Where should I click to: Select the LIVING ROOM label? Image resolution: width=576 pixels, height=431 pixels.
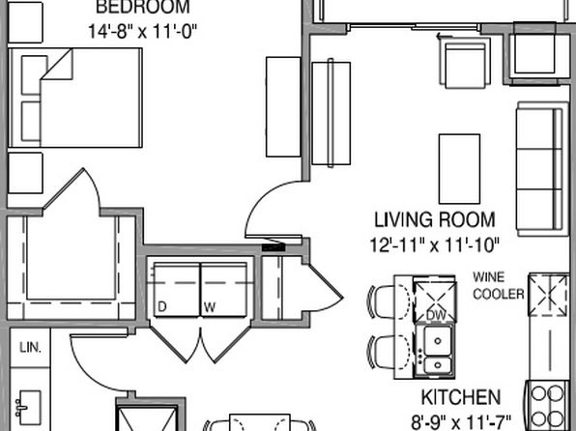434,219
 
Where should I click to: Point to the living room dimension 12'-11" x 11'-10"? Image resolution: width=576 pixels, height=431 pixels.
433,244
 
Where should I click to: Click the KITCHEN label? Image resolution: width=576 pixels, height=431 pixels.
460,397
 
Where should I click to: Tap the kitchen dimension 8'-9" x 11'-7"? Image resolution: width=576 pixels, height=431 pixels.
460,420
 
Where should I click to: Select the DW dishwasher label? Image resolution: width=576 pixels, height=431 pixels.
436,315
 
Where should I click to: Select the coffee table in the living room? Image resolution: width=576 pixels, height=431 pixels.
460,164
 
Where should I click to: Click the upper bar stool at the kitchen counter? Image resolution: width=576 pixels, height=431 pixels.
387,300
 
